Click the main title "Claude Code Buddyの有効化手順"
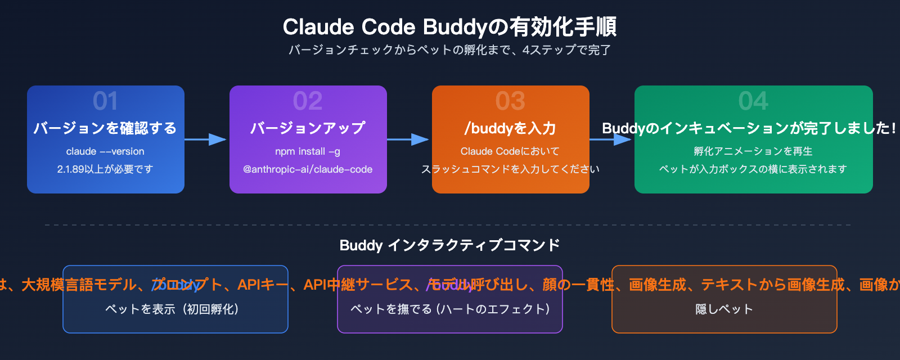449,27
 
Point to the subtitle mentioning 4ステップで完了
449,50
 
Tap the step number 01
105,101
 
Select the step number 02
308,101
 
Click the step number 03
510,101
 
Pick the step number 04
753,101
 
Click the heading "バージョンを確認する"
105,128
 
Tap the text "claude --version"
105,151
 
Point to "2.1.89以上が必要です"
105,169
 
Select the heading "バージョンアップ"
308,128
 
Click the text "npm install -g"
308,151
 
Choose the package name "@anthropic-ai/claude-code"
308,169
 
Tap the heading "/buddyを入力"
510,128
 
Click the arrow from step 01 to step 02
206,139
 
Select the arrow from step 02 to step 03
408,139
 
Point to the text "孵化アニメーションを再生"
753,151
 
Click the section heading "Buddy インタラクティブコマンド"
449,245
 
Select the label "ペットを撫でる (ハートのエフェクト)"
450,309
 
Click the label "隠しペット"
724,309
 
